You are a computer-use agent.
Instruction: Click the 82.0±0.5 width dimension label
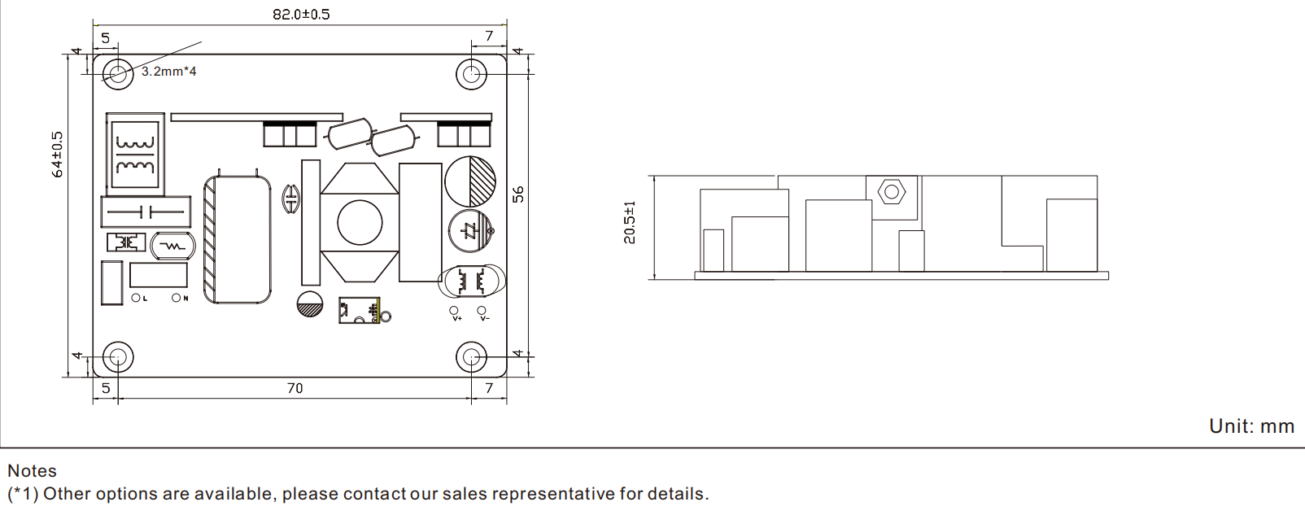(x=301, y=14)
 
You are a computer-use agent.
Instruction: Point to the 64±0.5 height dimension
(x=57, y=155)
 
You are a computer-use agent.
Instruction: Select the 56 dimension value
(x=518, y=194)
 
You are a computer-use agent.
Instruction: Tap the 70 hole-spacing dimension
(x=295, y=388)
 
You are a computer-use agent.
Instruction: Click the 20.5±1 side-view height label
(x=630, y=223)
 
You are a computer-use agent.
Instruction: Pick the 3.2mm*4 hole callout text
(x=169, y=72)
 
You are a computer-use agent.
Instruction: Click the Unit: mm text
(x=1251, y=426)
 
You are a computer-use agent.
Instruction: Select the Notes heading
(x=32, y=471)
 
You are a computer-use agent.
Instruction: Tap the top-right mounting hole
(x=471, y=74)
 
